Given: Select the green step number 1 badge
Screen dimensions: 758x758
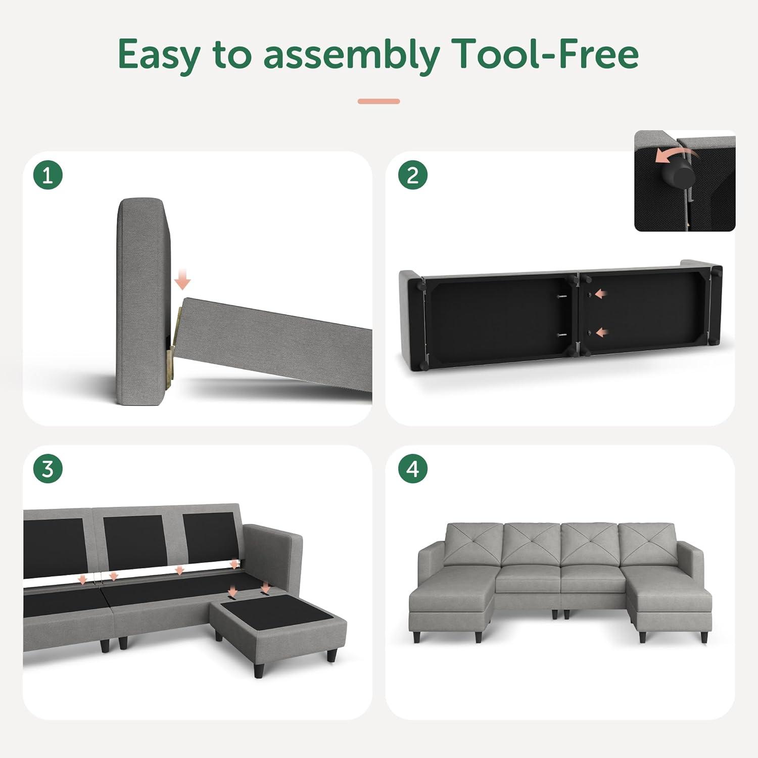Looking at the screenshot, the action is click(48, 175).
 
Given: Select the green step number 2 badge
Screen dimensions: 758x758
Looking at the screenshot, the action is click(413, 175).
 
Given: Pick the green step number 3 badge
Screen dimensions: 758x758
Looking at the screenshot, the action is click(48, 469).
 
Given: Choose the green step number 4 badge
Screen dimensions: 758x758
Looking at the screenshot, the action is click(413, 469).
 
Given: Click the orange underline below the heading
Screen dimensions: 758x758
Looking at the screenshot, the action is click(379, 101).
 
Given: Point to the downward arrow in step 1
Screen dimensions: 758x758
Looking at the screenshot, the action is click(182, 278).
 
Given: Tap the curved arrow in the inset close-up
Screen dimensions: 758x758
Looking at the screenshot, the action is click(671, 155).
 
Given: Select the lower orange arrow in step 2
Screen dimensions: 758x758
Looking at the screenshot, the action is click(602, 333).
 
